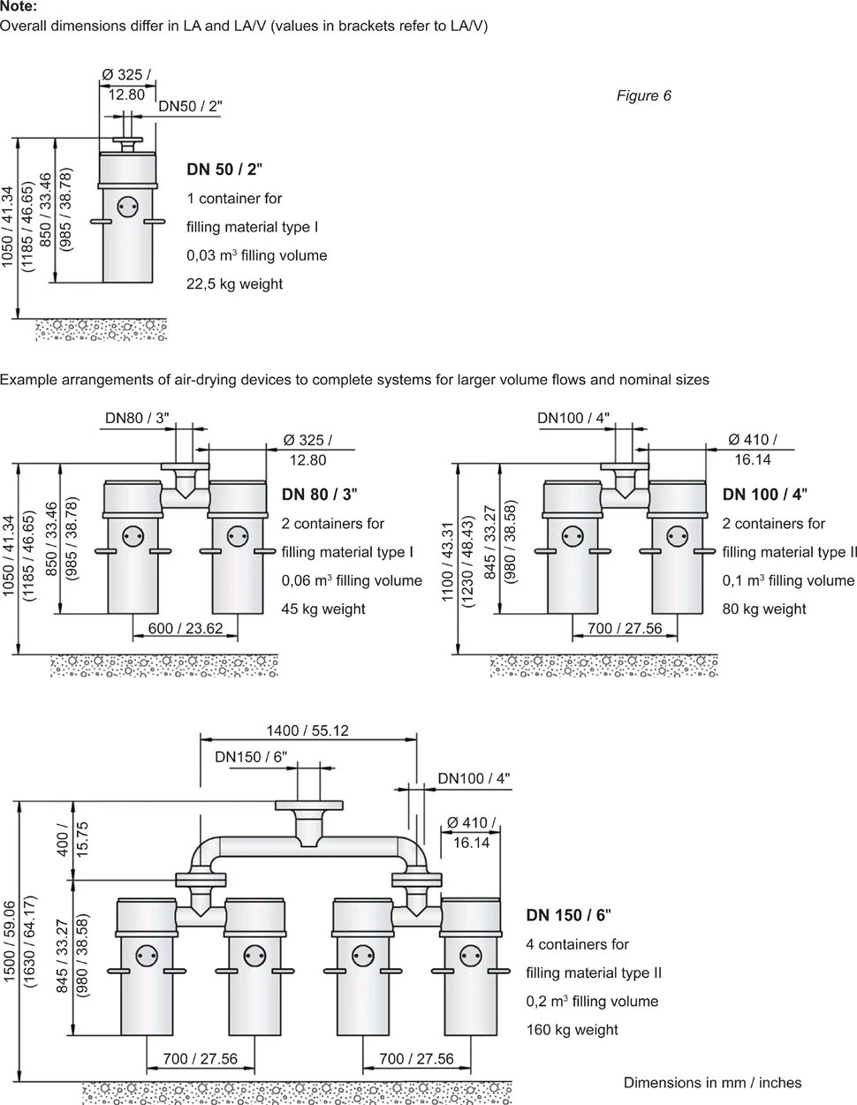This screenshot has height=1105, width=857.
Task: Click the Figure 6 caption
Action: [643, 95]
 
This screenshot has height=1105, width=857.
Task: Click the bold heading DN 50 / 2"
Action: [224, 170]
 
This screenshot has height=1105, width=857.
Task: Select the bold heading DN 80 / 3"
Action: [319, 495]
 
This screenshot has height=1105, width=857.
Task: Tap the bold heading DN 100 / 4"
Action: [764, 495]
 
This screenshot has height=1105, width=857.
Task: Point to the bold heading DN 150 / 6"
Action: [568, 915]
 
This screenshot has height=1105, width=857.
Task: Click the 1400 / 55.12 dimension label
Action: [307, 730]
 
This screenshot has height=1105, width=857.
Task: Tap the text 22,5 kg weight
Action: [234, 284]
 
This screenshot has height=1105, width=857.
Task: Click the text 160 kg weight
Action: [572, 1029]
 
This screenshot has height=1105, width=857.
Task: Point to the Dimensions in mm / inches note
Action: [712, 1082]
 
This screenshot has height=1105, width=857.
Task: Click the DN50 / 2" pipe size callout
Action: [190, 107]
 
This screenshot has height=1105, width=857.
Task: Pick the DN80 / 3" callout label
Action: [136, 418]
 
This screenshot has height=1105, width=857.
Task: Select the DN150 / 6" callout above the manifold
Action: [251, 757]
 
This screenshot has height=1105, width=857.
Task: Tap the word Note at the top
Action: [19, 6]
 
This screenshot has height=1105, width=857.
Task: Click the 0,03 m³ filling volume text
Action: [256, 255]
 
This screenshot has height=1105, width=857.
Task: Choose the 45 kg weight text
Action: [322, 609]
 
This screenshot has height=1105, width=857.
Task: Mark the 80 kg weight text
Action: [763, 609]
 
